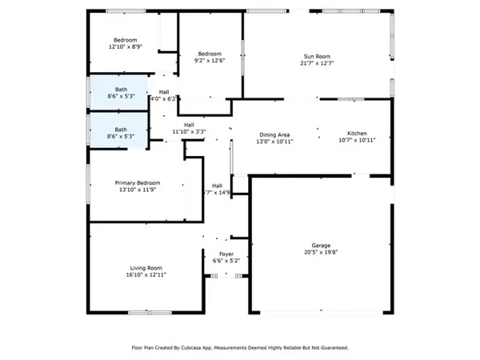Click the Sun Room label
(316, 55)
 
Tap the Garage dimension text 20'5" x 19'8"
(321, 253)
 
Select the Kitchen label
(356, 133)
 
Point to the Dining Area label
(274, 133)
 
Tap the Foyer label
(226, 253)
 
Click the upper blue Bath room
(118, 92)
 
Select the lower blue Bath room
(118, 128)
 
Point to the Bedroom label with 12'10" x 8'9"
(125, 40)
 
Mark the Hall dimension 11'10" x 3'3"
(190, 132)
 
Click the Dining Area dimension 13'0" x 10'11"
(274, 141)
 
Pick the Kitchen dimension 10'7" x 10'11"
(356, 141)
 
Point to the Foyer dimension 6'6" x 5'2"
(226, 261)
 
